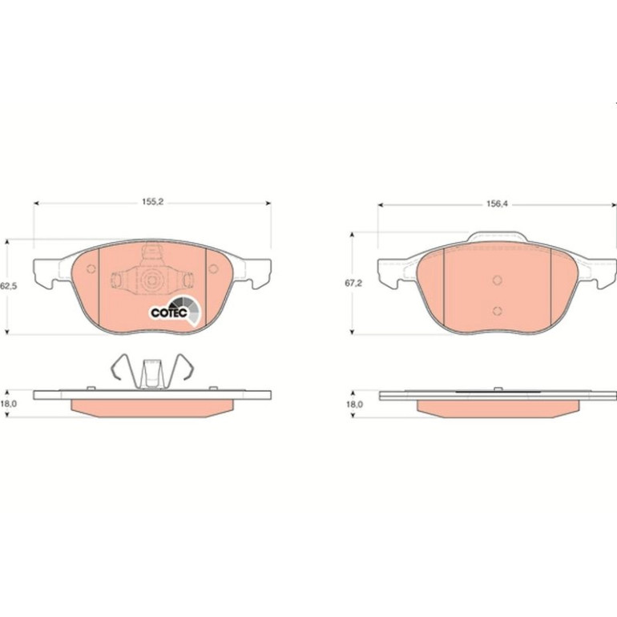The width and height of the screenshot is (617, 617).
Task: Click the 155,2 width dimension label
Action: pyautogui.click(x=153, y=202)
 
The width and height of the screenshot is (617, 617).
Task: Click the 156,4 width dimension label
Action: pyautogui.click(x=497, y=204)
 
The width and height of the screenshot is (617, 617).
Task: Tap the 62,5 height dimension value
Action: pyautogui.click(x=9, y=286)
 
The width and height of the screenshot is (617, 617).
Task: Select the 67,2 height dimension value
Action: pyautogui.click(x=353, y=284)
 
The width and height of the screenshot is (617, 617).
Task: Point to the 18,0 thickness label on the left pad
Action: pyautogui.click(x=8, y=403)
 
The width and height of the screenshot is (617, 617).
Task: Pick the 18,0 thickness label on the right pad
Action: pyautogui.click(x=354, y=404)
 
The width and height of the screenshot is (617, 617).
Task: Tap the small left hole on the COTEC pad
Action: pyautogui.click(x=91, y=268)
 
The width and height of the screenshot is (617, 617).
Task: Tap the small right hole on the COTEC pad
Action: pyautogui.click(x=213, y=268)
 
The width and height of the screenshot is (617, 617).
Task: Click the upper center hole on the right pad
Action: pyautogui.click(x=498, y=280)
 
